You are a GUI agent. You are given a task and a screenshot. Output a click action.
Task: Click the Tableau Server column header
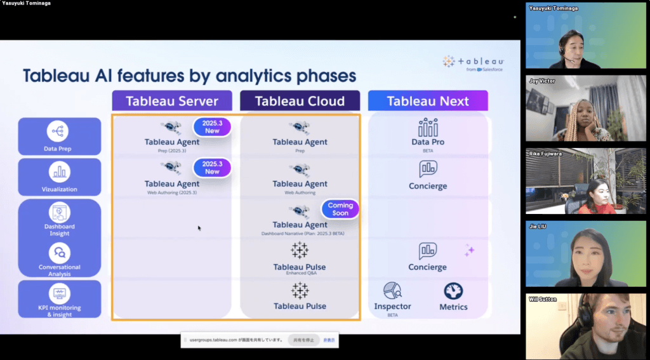[172, 101]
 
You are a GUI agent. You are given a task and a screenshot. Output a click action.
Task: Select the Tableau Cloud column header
[300, 101]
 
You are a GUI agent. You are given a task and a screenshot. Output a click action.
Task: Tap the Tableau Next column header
[428, 101]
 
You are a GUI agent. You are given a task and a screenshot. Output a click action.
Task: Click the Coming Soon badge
[340, 210]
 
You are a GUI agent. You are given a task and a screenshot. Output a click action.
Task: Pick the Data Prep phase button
[59, 136]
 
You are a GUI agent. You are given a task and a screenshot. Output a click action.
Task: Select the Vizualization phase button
[59, 177]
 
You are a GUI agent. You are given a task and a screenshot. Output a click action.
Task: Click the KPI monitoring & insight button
[59, 299]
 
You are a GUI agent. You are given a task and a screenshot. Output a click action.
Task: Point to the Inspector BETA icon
[392, 291]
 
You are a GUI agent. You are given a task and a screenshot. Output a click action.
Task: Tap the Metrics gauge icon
[453, 291]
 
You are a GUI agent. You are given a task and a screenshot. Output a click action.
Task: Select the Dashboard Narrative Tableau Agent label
[300, 225]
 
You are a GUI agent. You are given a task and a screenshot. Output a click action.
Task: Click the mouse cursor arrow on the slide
[199, 228]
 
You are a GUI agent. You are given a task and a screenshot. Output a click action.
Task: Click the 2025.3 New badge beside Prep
[212, 127]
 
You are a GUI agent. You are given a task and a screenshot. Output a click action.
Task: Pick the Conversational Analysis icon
[59, 253]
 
